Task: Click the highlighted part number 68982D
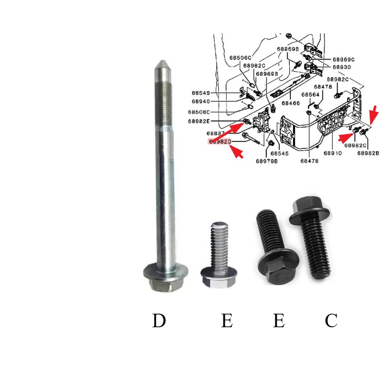[x=220, y=142]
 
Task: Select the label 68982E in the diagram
[x=199, y=121]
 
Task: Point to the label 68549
[x=200, y=93]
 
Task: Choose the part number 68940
[x=200, y=102]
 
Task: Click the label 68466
[x=291, y=103]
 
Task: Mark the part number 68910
[x=332, y=153]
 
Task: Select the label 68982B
[x=368, y=153]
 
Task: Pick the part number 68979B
[x=267, y=161]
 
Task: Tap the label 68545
[x=279, y=153]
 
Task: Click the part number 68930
[x=342, y=67]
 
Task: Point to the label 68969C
[x=344, y=60]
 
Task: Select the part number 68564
[x=311, y=95]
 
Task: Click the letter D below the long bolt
[x=159, y=321]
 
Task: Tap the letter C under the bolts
[x=331, y=321]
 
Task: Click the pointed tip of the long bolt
[x=161, y=63]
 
